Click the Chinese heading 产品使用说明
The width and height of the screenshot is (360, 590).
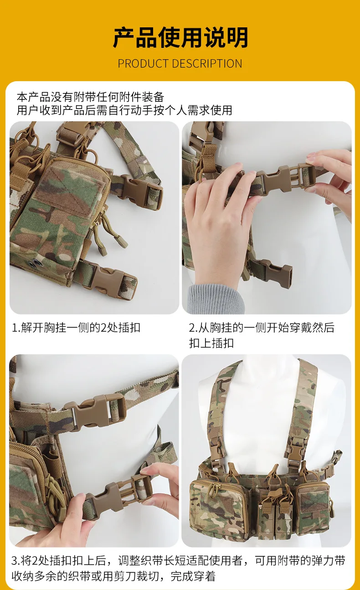pos(180,37)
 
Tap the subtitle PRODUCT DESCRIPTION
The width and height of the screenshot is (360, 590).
pos(180,64)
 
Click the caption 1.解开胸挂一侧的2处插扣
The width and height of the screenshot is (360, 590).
pos(76,328)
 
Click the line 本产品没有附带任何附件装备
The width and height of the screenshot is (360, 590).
pos(91,97)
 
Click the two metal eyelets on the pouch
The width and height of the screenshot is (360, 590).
pos(33,264)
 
